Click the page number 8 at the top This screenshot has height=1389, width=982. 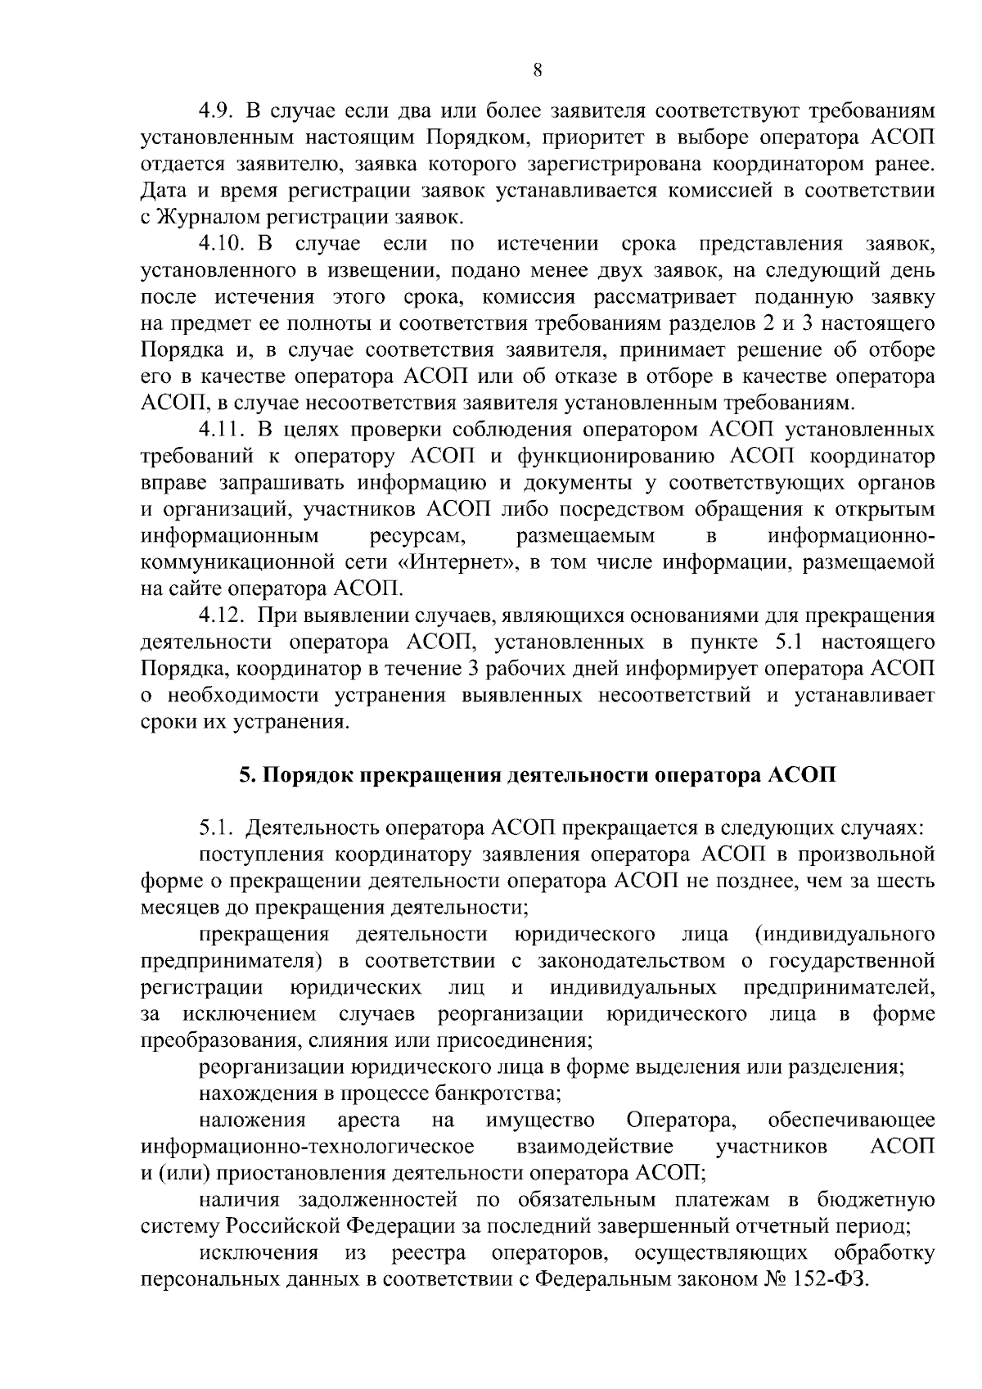pos(537,70)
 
